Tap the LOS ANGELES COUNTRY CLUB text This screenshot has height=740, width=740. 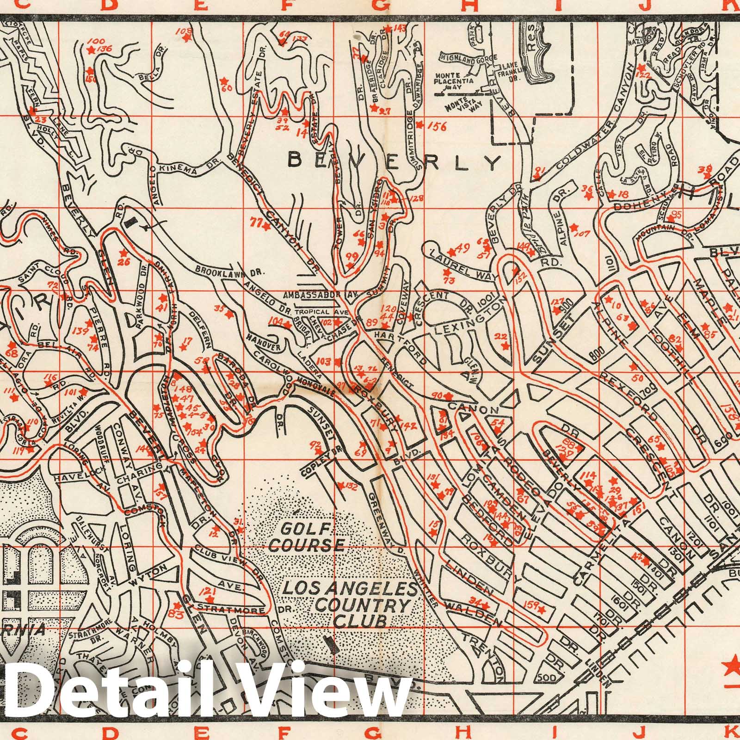346,604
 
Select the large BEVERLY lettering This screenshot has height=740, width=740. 394,161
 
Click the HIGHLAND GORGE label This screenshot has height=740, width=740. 468,57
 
